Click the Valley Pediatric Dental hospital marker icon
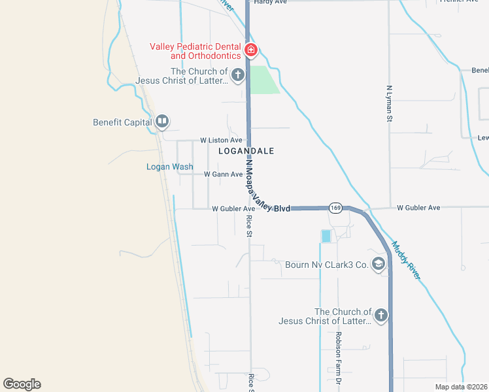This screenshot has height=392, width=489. (250, 50)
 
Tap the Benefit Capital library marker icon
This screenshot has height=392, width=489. (162, 122)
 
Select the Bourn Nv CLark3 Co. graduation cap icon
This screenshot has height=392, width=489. (378, 264)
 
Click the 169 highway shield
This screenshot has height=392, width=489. (335, 208)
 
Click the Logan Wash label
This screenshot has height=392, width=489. (169, 167)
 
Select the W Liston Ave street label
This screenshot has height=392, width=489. (221, 140)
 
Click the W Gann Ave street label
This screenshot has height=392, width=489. (223, 174)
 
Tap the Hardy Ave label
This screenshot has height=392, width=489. (271, 2)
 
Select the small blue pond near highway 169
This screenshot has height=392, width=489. (326, 236)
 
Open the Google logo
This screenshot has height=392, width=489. (22, 384)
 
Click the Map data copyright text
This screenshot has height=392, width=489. (460, 387)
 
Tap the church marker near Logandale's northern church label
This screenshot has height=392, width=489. (237, 74)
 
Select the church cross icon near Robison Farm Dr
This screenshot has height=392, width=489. (380, 316)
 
